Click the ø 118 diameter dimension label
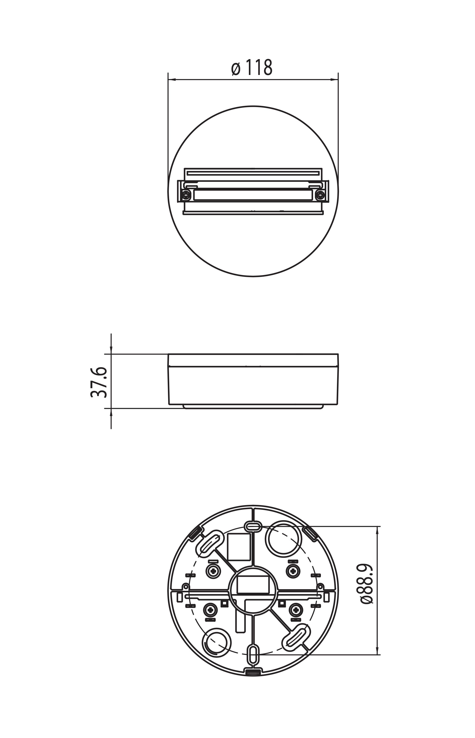[x=252, y=68]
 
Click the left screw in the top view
[x=186, y=195]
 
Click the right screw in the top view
[x=320, y=195]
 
